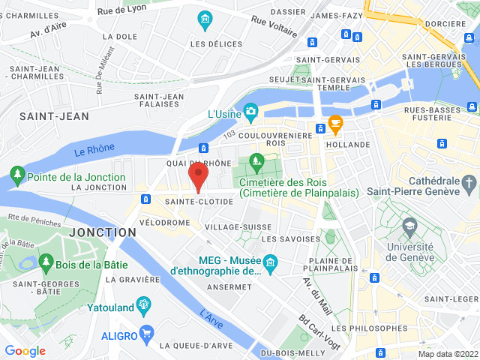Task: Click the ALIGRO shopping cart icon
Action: (147, 331)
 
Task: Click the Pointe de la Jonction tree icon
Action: (16, 177)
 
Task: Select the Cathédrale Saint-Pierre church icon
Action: (469, 182)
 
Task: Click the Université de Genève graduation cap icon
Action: (409, 225)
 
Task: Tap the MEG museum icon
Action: (269, 263)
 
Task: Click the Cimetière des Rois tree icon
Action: (257, 160)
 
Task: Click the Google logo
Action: (25, 350)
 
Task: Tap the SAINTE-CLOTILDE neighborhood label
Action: (199, 201)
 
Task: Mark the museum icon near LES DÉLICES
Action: (203, 18)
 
